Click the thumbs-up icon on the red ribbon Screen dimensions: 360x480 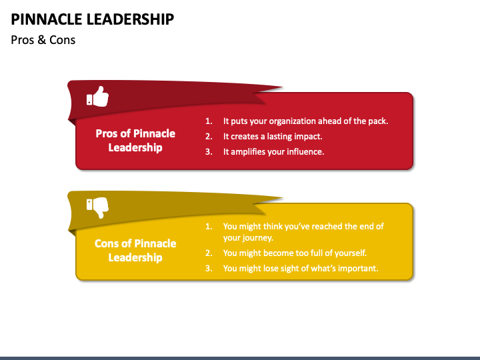pos(97,97)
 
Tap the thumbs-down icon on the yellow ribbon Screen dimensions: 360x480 pos(97,208)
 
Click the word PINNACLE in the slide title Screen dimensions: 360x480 pos(51,19)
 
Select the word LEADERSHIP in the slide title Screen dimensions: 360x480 pos(133,19)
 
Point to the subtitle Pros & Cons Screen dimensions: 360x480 pos(43,40)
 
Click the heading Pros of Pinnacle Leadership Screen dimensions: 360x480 pos(135,140)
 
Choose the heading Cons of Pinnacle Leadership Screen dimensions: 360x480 pos(135,250)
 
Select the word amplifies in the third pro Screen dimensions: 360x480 pos(251,152)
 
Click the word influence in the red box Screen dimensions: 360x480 pos(303,152)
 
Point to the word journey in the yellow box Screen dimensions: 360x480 pos(257,238)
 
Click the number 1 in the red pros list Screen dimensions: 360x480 pos(208,121)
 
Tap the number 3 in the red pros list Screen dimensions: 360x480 pos(208,152)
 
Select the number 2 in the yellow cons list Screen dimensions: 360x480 pos(208,253)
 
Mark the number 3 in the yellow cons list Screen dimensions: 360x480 pos(208,269)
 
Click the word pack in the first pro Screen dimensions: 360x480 pos(377,121)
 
